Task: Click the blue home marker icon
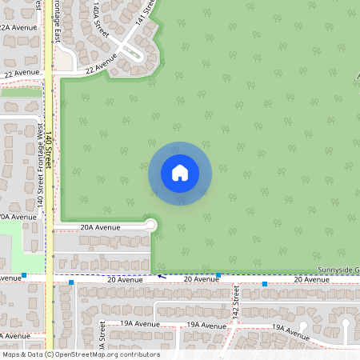180,173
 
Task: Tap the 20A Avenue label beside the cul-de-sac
100,227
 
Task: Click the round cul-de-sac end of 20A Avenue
150,226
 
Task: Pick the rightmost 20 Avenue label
311,279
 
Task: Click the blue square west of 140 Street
25,275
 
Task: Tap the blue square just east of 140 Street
71,282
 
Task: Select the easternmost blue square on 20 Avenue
265,283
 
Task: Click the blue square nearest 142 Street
218,276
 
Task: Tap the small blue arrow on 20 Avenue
158,276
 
